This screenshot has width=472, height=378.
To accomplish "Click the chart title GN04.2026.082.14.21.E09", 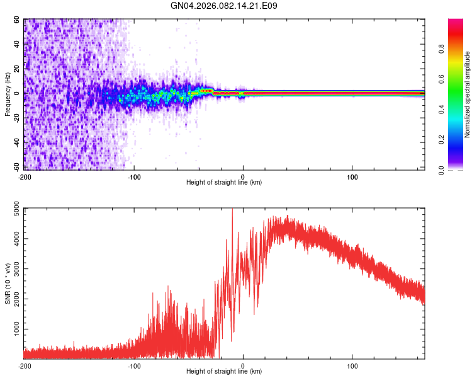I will click(x=224, y=6).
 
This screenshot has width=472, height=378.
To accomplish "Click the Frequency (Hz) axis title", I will click(x=8, y=94).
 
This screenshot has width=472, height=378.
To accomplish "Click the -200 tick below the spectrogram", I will click(x=25, y=176).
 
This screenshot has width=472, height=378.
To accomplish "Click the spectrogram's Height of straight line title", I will click(x=224, y=183).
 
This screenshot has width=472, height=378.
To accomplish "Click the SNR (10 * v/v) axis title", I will click(x=8, y=283).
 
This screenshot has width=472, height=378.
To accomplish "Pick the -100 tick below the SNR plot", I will click(x=134, y=365).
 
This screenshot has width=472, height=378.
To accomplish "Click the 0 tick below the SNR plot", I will click(x=243, y=365).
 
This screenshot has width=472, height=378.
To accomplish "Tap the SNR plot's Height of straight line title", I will click(x=224, y=372).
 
